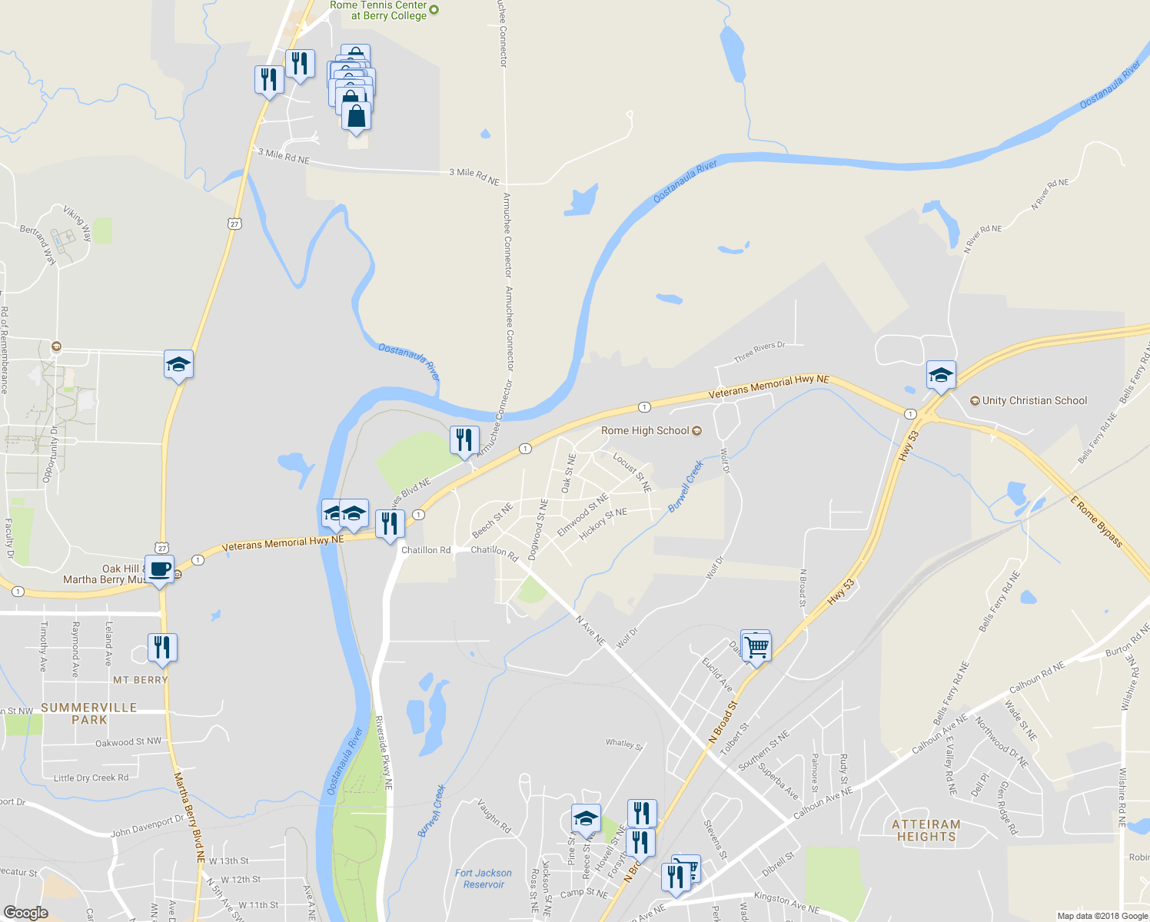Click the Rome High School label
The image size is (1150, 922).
tap(645, 431)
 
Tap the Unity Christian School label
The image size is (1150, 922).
tap(1034, 400)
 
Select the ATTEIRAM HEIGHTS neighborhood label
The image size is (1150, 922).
tap(926, 831)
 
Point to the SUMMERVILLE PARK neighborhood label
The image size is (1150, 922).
tap(89, 714)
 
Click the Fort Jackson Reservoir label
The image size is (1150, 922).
tap(483, 878)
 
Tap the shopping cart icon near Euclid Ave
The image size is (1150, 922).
tap(757, 647)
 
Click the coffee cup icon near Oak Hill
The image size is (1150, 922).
tap(160, 570)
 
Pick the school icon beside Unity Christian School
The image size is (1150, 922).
tap(941, 376)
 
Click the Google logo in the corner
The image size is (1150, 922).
tap(26, 912)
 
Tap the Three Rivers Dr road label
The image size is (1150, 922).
tap(759, 352)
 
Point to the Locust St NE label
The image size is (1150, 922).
tap(632, 473)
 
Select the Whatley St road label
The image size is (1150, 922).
tap(623, 743)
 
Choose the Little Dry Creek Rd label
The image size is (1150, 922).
tap(91, 778)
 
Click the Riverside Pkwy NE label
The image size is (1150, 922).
tap(384, 753)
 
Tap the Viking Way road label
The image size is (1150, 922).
tap(77, 224)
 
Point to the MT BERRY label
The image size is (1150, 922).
tap(140, 680)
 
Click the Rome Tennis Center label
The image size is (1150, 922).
tap(378, 10)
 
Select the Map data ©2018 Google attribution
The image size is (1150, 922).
tap(1102, 916)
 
